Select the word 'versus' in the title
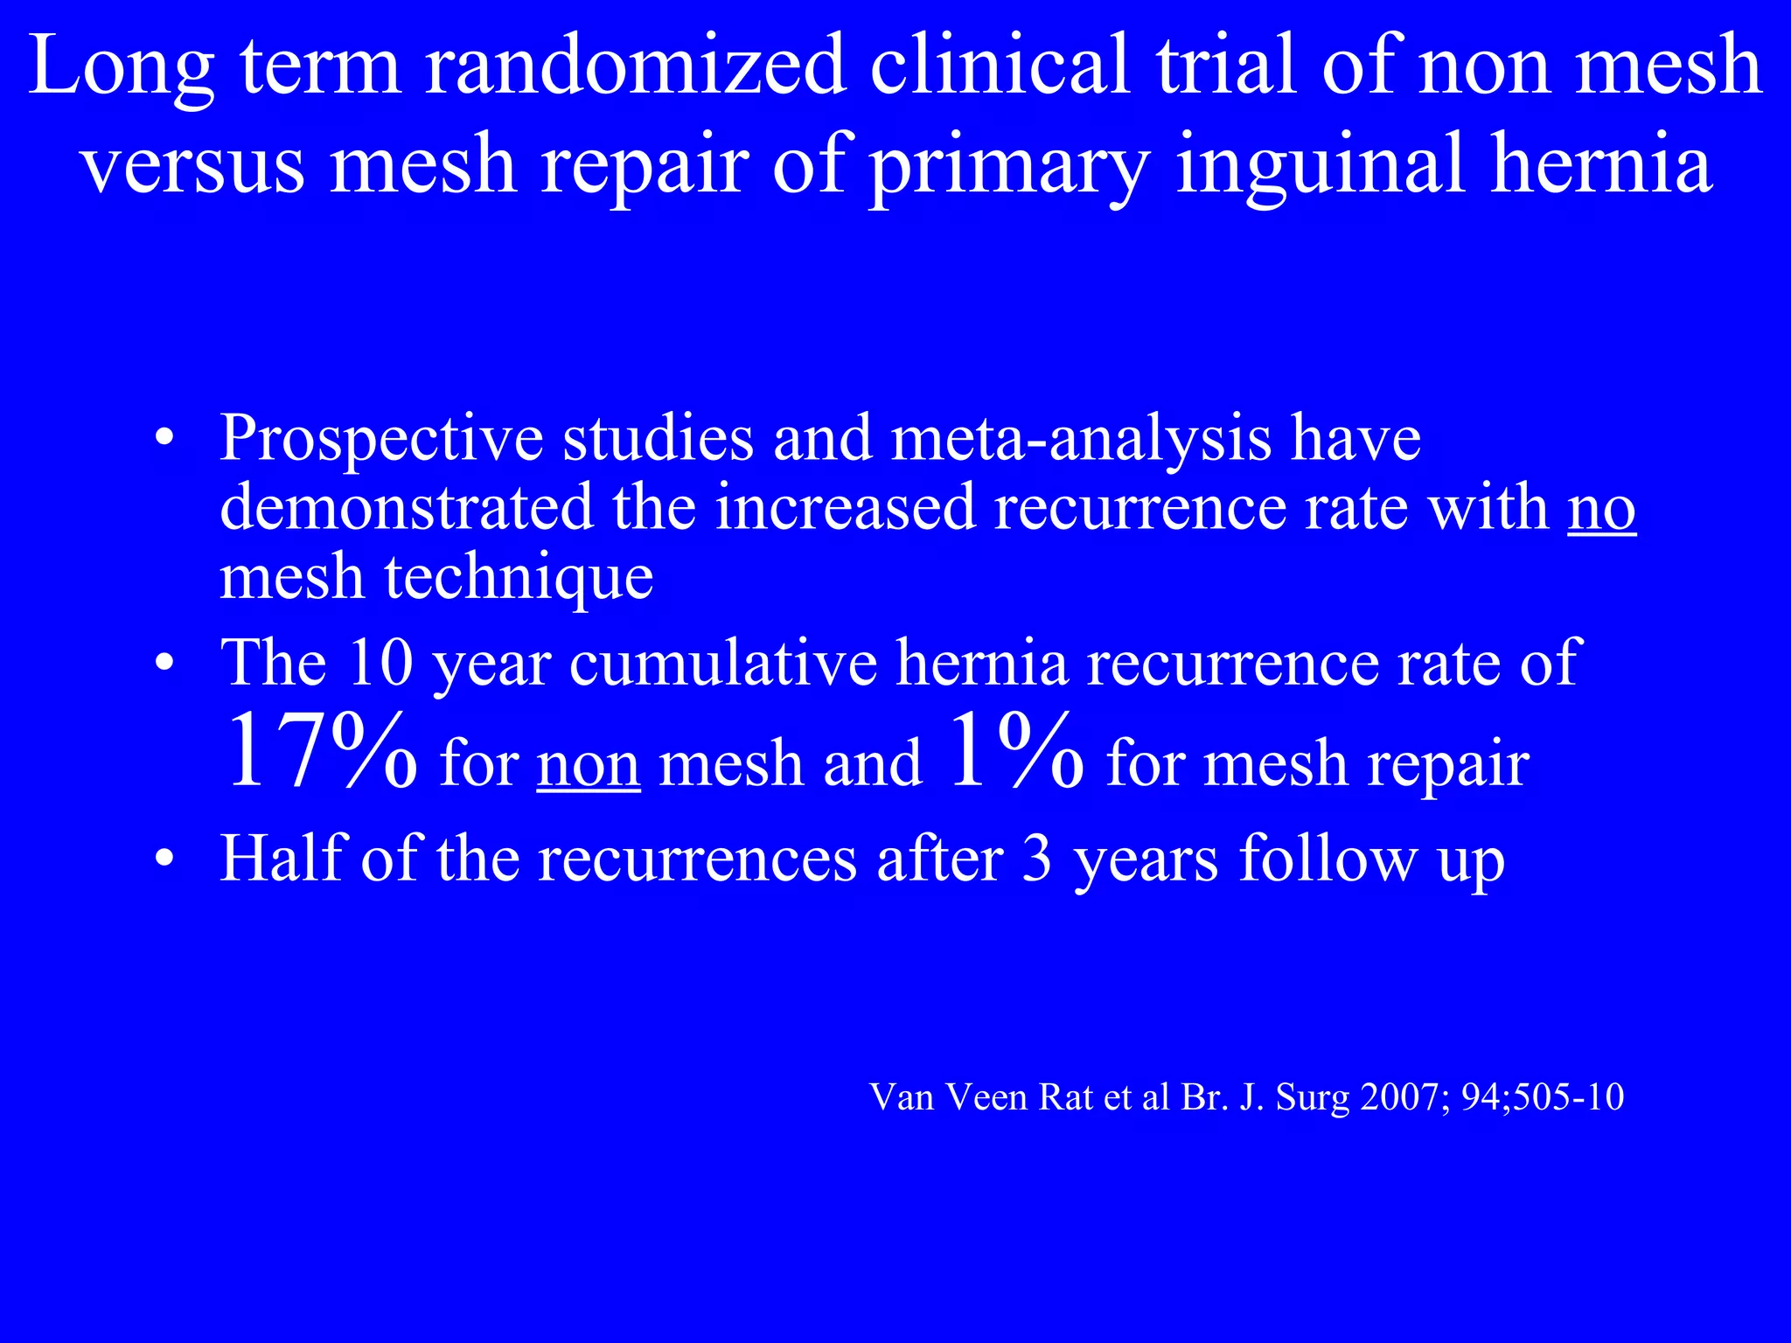(x=193, y=164)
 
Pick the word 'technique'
(x=519, y=579)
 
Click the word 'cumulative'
(x=723, y=663)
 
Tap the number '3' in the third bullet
(x=1037, y=859)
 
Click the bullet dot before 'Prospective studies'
(x=164, y=440)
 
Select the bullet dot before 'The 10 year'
(x=164, y=665)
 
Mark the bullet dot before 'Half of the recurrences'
(x=164, y=860)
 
